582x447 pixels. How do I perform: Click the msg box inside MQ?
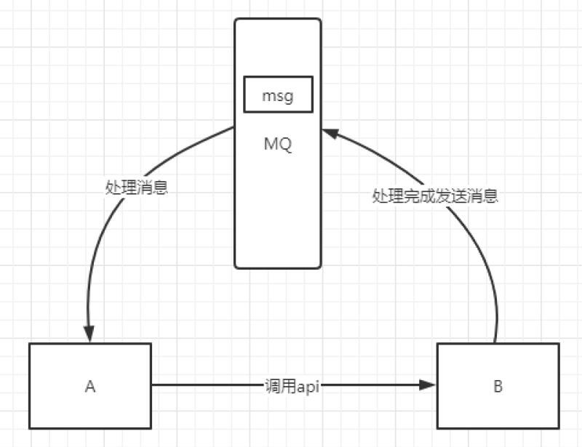(277, 95)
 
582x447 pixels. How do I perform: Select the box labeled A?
(90, 385)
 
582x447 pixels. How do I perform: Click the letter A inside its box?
(90, 386)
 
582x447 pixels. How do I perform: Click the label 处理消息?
(137, 188)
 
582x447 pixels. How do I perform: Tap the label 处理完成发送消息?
(435, 196)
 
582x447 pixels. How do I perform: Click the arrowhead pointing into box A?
(89, 335)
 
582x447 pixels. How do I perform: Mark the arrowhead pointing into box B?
(429, 385)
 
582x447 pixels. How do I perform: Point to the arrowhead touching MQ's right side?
(329, 134)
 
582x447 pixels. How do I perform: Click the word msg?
(277, 95)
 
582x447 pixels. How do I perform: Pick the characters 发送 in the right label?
(451, 196)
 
